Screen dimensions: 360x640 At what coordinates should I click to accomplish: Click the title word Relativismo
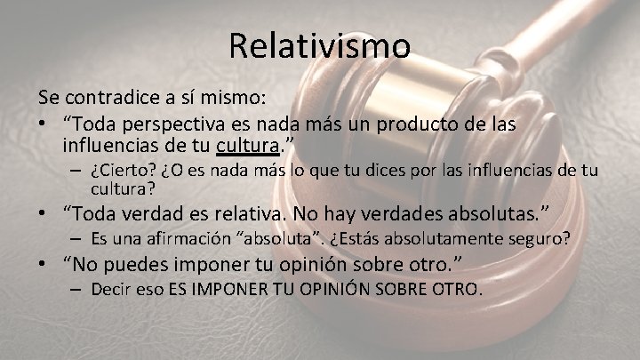tap(319, 45)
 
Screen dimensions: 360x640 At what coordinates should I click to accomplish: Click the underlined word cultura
tap(252, 144)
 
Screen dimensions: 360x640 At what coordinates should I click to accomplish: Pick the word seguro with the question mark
tap(543, 239)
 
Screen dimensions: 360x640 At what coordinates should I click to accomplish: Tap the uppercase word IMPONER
tap(228, 290)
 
